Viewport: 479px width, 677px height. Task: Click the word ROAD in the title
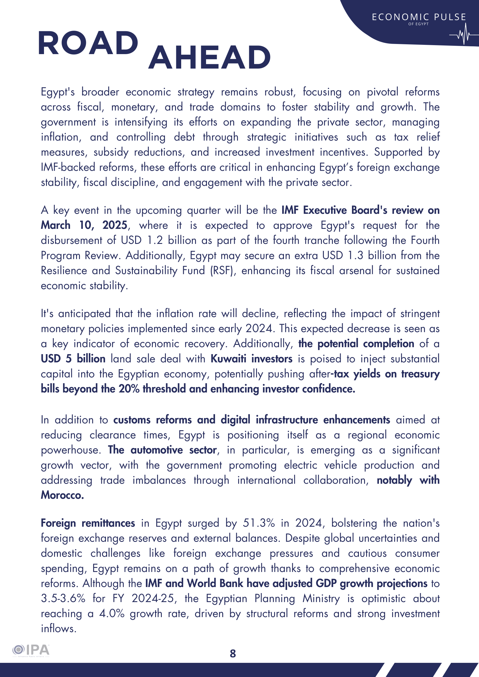pyautogui.click(x=88, y=43)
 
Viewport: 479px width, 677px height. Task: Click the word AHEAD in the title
pyautogui.click(x=209, y=58)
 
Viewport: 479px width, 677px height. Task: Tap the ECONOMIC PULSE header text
pyautogui.click(x=419, y=17)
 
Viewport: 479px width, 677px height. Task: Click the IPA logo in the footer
pyautogui.click(x=31, y=650)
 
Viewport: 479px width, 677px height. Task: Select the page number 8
pyautogui.click(x=233, y=653)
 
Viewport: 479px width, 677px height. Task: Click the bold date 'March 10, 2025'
pyautogui.click(x=84, y=225)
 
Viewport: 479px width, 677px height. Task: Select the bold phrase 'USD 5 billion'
pyautogui.click(x=73, y=358)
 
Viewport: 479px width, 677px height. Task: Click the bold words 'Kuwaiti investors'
pyautogui.click(x=251, y=358)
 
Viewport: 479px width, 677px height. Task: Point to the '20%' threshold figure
pyautogui.click(x=129, y=389)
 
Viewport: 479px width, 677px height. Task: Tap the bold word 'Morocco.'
pyautogui.click(x=62, y=495)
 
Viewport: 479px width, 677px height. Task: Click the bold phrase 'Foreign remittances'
pyautogui.click(x=88, y=523)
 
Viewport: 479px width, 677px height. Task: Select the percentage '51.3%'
pyautogui.click(x=259, y=523)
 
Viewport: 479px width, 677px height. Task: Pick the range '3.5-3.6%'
pyautogui.click(x=63, y=599)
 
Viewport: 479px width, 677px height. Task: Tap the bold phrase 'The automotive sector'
pyautogui.click(x=162, y=450)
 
